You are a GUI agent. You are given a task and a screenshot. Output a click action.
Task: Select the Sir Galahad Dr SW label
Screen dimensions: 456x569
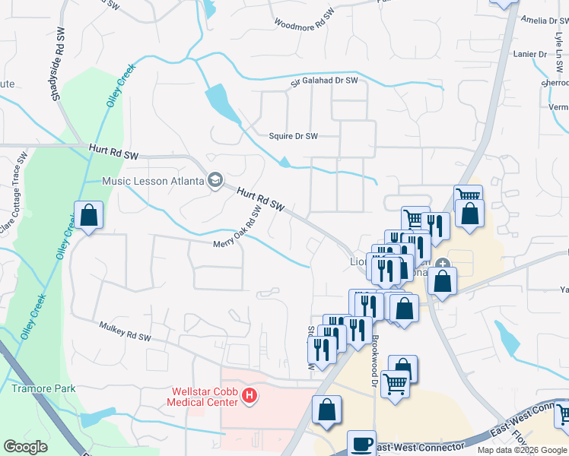pos(324,80)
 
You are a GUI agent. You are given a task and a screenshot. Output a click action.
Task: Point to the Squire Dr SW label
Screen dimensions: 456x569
pos(293,137)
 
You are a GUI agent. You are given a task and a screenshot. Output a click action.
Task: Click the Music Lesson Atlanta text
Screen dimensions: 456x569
pos(154,181)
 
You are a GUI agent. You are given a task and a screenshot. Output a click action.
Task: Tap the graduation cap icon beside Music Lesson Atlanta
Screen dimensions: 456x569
pos(215,180)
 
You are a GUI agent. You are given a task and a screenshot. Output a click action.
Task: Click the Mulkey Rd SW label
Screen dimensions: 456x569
pos(126,331)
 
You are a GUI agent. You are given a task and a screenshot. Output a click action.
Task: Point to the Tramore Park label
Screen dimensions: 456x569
pos(43,388)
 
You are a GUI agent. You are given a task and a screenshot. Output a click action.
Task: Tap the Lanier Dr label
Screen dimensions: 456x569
pos(530,54)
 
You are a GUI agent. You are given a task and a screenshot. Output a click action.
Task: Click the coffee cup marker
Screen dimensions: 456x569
pos(362,442)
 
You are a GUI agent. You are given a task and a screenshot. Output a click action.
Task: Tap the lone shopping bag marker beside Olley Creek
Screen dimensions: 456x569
pos(89,215)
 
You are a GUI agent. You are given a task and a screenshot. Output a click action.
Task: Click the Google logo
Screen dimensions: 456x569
pos(25,447)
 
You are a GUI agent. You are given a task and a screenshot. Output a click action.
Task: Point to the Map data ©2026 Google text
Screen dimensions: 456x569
pos(522,450)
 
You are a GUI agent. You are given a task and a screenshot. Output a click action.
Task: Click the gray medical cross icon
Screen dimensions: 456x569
pos(443,264)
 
